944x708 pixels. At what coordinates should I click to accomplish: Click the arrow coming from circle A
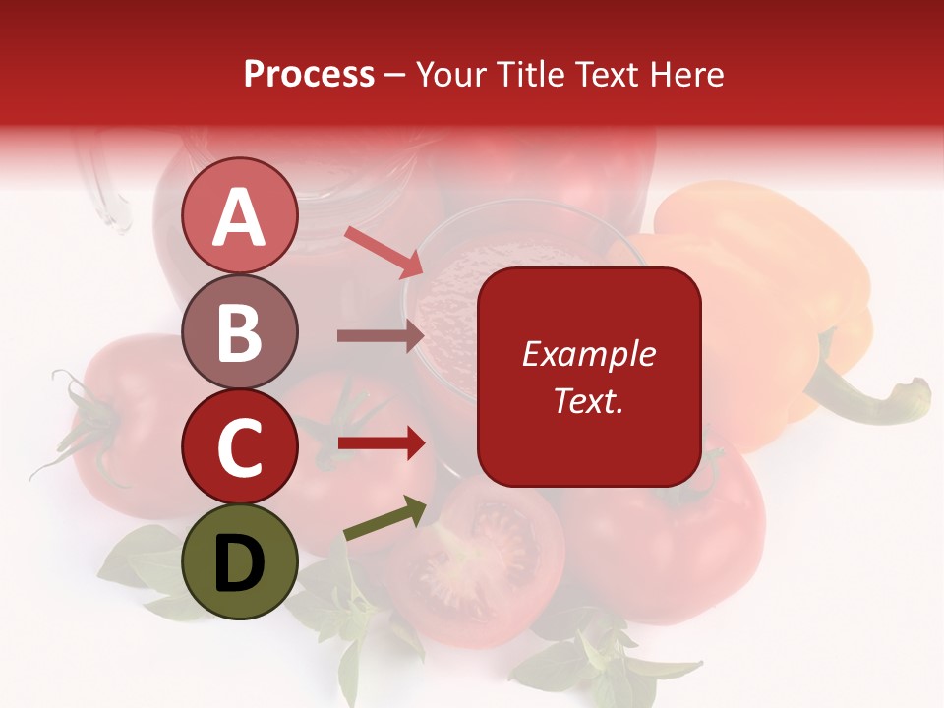[x=383, y=251]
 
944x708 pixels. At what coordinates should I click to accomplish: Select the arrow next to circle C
[x=381, y=442]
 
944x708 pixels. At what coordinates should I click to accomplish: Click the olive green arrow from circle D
[x=384, y=519]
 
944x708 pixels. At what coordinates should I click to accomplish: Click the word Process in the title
[x=309, y=74]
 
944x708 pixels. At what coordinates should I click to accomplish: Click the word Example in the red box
[x=589, y=354]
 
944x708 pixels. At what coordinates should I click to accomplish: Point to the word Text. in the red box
[x=589, y=400]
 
